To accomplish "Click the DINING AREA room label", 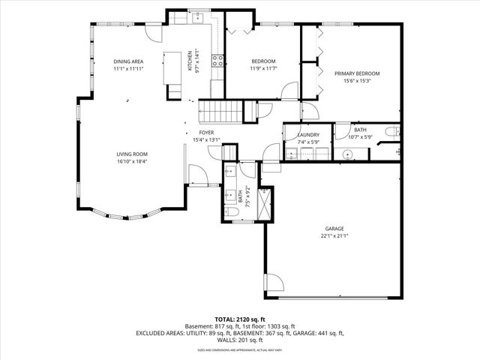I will coord(128,61).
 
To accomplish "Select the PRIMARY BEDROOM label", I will coord(357,73).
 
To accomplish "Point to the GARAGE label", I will coord(334,229).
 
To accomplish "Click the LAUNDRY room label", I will coord(308,135).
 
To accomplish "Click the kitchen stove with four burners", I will coord(218,61).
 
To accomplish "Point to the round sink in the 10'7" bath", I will coord(348,155).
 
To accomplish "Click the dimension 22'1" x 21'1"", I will coord(334,236).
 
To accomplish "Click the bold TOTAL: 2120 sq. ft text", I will coord(240,319).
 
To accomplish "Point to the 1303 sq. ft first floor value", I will coord(280,326).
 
